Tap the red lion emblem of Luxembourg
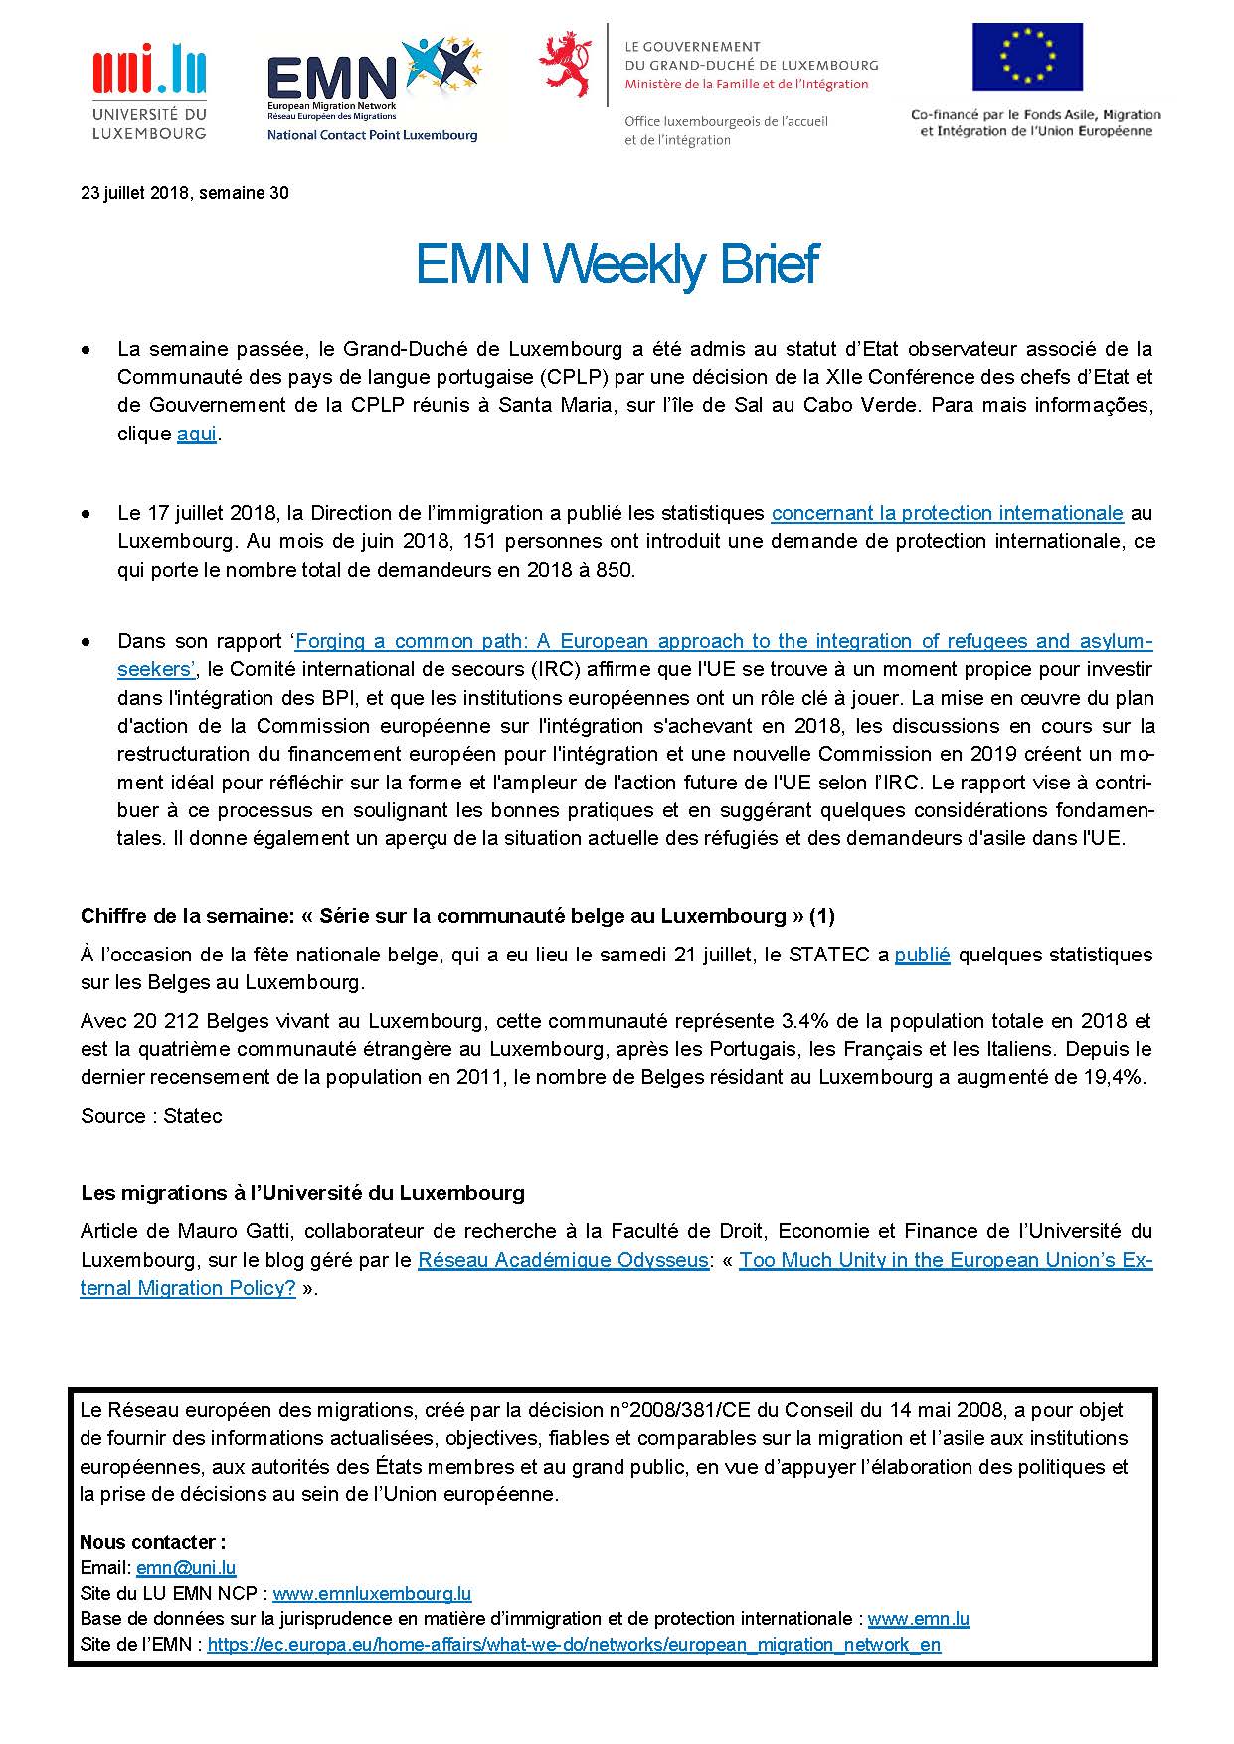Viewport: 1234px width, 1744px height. click(x=564, y=64)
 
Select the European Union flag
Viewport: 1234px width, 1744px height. click(x=1027, y=58)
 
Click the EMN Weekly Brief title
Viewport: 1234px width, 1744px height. click(x=617, y=264)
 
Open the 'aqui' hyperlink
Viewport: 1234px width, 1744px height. click(x=196, y=435)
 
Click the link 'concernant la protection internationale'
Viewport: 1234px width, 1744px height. click(x=947, y=514)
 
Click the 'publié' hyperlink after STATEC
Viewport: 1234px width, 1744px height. click(x=922, y=955)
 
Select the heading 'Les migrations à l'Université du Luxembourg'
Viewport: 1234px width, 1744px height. click(x=302, y=1192)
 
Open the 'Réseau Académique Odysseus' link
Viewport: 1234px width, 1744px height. click(x=563, y=1260)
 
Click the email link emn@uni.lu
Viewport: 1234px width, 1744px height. click(x=186, y=1568)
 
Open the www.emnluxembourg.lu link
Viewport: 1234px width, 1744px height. click(x=372, y=1594)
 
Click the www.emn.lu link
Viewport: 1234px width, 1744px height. click(x=918, y=1619)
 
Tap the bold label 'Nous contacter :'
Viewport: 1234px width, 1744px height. click(x=153, y=1542)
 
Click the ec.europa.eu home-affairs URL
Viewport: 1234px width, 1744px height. click(x=574, y=1645)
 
